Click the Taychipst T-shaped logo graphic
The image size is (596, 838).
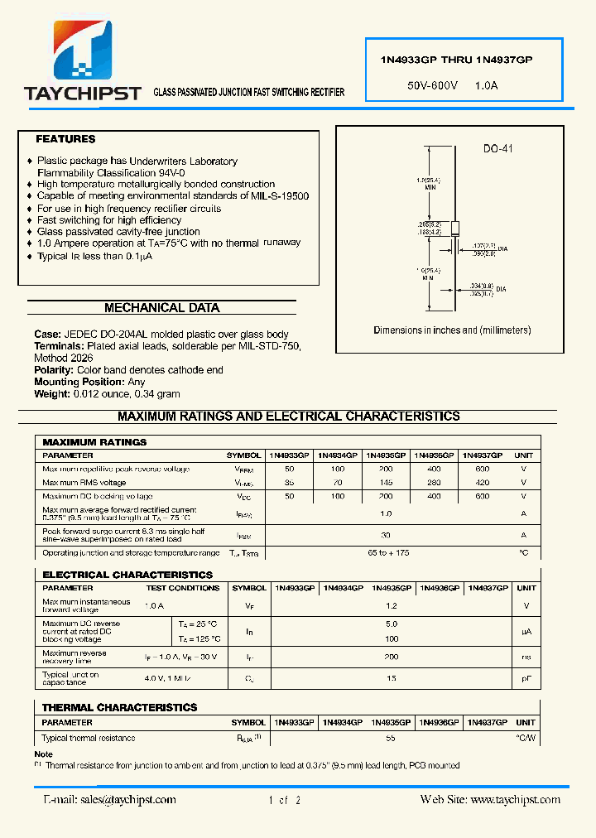click(x=83, y=51)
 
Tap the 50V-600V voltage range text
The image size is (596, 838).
click(x=433, y=85)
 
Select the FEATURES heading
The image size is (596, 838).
click(x=65, y=139)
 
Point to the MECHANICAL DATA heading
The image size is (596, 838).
click(x=161, y=308)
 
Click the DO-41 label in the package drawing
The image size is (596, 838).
click(x=498, y=148)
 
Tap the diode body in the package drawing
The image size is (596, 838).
click(x=454, y=229)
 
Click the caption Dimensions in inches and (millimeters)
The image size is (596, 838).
click(x=452, y=330)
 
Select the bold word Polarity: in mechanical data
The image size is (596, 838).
click(x=54, y=370)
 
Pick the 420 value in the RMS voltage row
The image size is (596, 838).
click(x=483, y=482)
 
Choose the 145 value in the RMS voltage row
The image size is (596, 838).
click(x=386, y=482)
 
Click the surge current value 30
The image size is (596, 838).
click(x=386, y=534)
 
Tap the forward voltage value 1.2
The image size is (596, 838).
click(x=392, y=605)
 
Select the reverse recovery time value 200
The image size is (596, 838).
click(x=392, y=657)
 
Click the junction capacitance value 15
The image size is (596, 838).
click(x=392, y=679)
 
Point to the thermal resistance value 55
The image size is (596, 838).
click(x=392, y=738)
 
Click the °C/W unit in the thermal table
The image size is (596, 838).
click(x=526, y=738)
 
